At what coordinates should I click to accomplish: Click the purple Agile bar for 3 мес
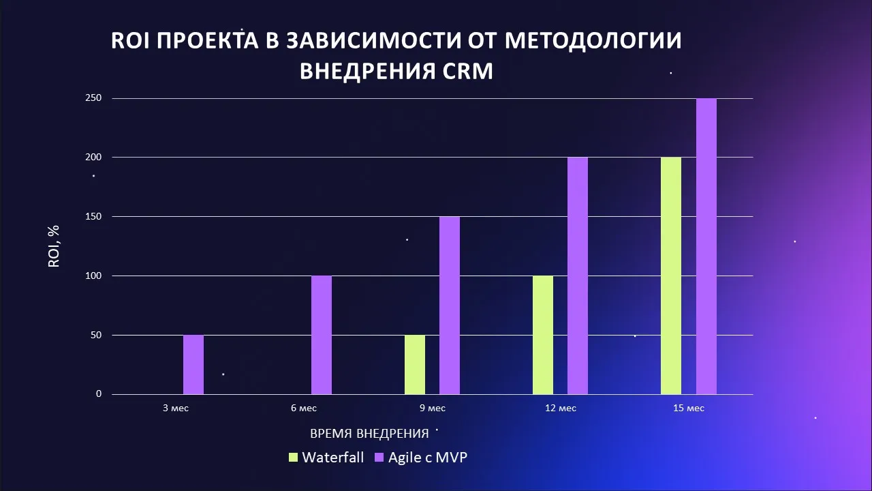pos(193,365)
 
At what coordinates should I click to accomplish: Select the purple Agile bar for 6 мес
pos(322,335)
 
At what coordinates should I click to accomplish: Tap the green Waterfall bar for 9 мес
pos(415,365)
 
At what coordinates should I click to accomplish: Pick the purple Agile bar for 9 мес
pos(450,306)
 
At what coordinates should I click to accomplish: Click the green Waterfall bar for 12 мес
pos(543,335)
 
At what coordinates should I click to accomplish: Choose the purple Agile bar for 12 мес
pos(578,276)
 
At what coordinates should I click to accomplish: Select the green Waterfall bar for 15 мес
pos(671,276)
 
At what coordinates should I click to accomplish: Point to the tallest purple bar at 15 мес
pos(706,246)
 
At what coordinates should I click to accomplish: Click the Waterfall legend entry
pos(326,458)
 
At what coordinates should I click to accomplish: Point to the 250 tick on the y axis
pos(94,98)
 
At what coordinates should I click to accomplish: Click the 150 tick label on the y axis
pos(94,217)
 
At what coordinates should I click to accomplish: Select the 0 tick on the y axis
pos(99,394)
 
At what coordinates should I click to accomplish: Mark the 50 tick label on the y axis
pos(96,335)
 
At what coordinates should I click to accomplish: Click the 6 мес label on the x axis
pos(304,408)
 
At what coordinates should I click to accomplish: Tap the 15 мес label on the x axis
pos(688,408)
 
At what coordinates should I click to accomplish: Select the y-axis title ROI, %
pos(54,246)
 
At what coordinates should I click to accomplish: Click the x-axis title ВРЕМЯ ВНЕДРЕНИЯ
pos(369,434)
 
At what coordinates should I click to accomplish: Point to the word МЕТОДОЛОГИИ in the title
pos(593,42)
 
